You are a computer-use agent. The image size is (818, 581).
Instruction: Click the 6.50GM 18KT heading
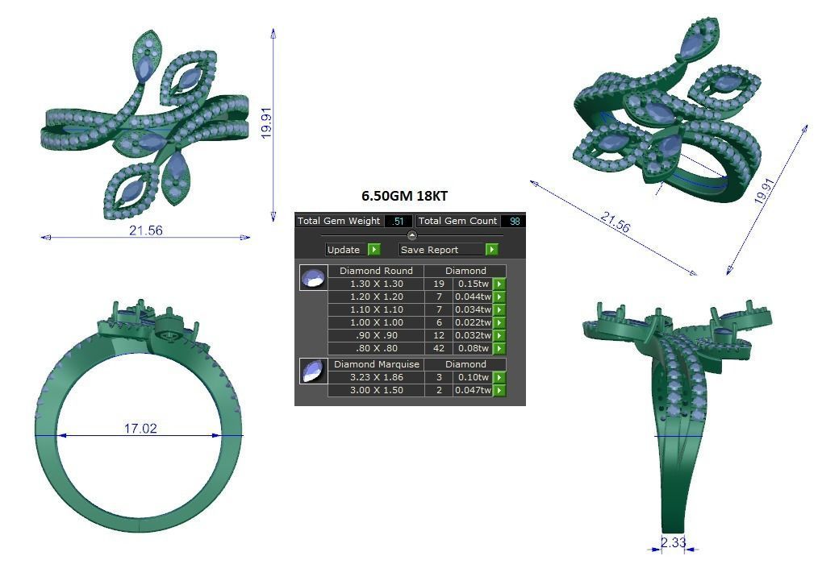pos(409,196)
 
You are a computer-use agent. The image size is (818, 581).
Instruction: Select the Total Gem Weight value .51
pos(398,221)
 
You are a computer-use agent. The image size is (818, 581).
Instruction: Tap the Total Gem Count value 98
pos(513,221)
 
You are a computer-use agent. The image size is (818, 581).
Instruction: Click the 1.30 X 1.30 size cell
pos(375,284)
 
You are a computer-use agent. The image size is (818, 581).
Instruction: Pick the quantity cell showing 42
pos(439,348)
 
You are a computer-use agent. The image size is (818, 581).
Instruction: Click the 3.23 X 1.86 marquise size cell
pos(375,377)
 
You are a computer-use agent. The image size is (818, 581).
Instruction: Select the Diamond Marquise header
pos(376,364)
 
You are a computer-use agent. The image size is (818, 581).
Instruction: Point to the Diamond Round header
pos(375,271)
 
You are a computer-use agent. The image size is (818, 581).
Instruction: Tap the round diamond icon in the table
pos(313,277)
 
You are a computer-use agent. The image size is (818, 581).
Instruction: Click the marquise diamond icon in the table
pos(313,371)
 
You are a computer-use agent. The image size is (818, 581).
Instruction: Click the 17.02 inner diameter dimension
pos(140,428)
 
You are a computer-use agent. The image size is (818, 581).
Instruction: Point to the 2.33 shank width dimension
pos(673,542)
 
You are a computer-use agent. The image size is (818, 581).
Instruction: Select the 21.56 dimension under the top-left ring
pos(145,230)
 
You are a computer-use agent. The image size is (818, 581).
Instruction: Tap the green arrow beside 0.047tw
pos(499,390)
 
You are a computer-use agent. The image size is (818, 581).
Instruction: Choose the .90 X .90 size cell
pos(375,335)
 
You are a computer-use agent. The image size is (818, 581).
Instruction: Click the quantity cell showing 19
pos(439,284)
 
